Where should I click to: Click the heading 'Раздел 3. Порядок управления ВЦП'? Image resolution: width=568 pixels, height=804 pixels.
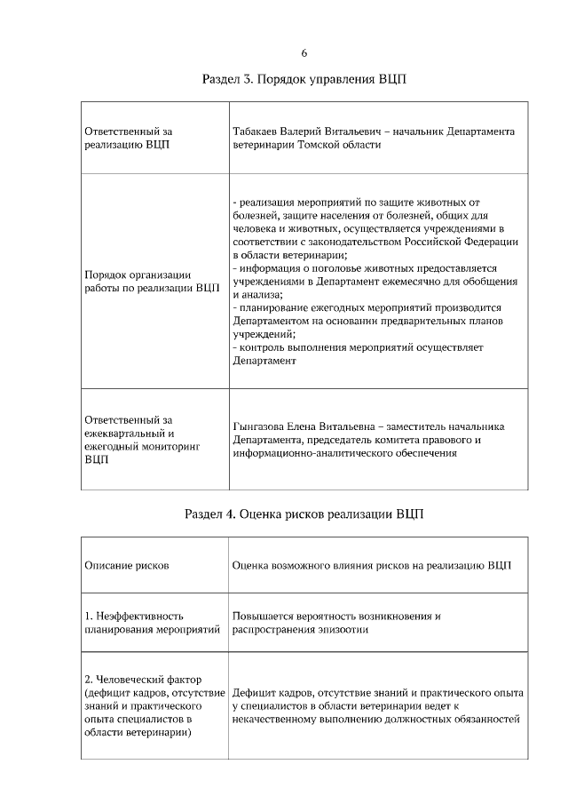tap(304, 80)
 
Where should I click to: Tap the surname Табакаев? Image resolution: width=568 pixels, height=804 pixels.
tap(257, 131)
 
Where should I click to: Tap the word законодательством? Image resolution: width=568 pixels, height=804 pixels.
tap(336, 241)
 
